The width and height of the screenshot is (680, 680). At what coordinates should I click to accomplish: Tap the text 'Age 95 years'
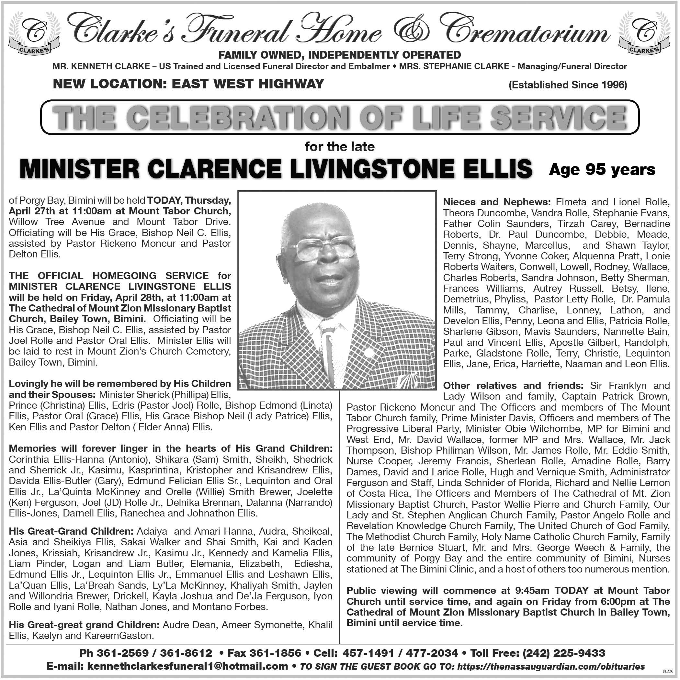click(x=602, y=170)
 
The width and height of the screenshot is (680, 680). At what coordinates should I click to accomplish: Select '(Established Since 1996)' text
click(x=568, y=85)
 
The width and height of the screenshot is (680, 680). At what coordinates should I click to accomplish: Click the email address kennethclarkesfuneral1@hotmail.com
click(x=187, y=666)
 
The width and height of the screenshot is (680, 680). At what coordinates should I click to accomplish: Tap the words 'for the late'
click(x=340, y=147)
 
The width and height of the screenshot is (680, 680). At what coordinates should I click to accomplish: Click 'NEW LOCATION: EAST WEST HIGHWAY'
click(x=188, y=84)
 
